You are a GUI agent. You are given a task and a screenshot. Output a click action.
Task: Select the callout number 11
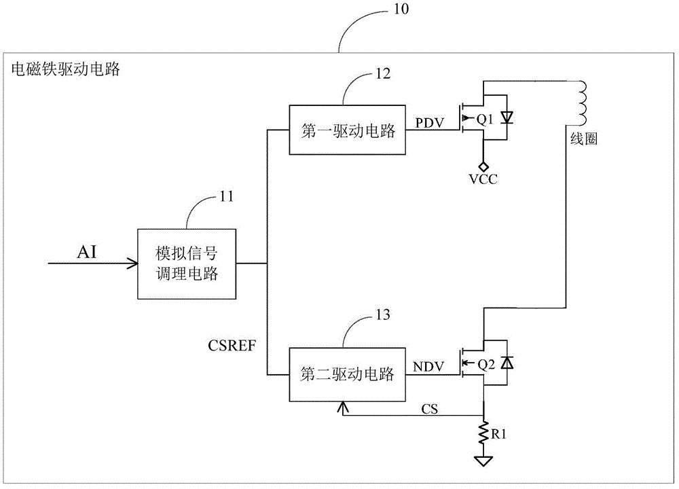[226, 197]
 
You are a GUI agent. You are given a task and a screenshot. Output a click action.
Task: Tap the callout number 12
[382, 75]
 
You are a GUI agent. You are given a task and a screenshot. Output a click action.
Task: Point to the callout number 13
[382, 315]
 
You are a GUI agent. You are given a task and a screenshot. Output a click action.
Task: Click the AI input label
[86, 252]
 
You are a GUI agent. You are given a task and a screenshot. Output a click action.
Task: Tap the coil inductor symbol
[581, 103]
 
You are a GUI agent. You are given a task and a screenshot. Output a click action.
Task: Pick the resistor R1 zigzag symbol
[483, 431]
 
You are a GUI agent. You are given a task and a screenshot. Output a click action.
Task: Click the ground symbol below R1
[483, 462]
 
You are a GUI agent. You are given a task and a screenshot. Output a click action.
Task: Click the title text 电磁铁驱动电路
[66, 69]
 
